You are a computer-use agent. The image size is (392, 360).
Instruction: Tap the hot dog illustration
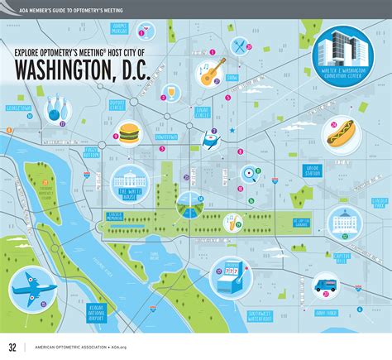[340, 132]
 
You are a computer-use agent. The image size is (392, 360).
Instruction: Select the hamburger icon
[128, 132]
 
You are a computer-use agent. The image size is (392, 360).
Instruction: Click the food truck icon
[325, 286]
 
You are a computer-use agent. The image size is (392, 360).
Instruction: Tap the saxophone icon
[237, 218]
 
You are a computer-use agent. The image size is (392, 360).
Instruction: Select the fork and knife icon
[240, 46]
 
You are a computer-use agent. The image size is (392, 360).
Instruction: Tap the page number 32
[12, 346]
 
